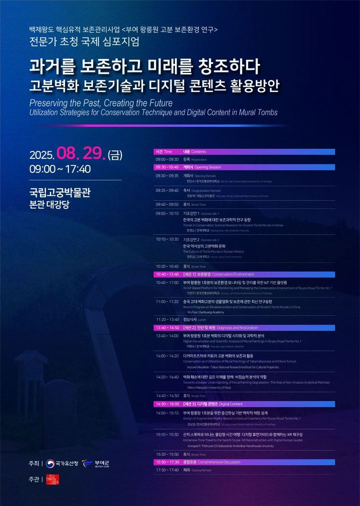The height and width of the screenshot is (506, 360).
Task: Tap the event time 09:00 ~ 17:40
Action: (x=60, y=169)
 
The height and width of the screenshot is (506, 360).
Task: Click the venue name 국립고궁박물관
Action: (x=60, y=192)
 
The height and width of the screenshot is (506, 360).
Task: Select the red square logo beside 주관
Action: (x=52, y=479)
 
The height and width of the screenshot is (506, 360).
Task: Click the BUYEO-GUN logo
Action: (x=95, y=464)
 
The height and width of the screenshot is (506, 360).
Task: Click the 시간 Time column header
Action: (x=163, y=151)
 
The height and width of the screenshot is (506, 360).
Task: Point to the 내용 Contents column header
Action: (x=194, y=151)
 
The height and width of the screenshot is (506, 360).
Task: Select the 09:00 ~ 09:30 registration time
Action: (x=166, y=159)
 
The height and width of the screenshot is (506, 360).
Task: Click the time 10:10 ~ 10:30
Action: (x=166, y=239)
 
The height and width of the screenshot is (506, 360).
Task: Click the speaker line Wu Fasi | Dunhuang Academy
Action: (x=205, y=312)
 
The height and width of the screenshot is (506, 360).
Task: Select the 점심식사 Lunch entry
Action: (x=194, y=319)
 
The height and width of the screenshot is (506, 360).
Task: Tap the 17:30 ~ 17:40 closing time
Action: (x=166, y=470)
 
